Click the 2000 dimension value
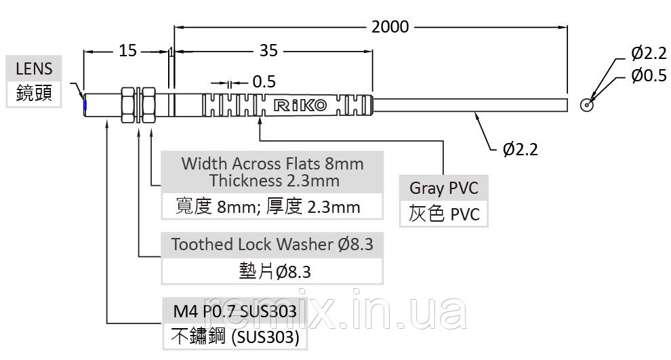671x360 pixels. point(390,27)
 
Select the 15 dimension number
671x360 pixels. point(127,51)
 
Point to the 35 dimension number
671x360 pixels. point(269,51)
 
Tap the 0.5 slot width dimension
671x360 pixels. point(264,82)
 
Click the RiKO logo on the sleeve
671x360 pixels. point(300,105)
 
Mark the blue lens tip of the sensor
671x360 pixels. point(85,105)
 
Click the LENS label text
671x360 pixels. point(34,68)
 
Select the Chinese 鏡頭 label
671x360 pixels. point(34,93)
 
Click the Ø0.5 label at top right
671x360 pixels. point(649,76)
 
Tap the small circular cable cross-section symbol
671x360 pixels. point(587,105)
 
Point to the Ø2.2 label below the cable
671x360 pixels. point(520,149)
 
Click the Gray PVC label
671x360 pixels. point(444,188)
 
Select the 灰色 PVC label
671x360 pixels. point(444,214)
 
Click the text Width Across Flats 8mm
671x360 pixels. point(272,163)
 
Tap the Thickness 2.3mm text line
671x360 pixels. point(274,180)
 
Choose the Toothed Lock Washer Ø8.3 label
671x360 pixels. point(272,245)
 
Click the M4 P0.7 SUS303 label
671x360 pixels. point(235,311)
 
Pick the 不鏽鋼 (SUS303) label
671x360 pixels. point(235,336)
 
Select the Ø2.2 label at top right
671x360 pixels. point(649,54)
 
